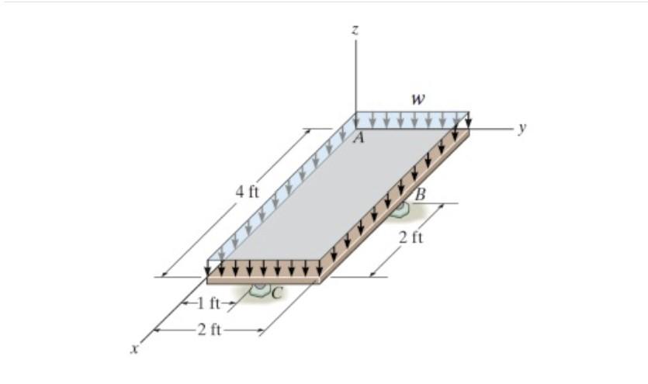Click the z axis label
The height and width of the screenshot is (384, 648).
pyautogui.click(x=355, y=29)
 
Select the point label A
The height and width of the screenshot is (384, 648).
pyautogui.click(x=359, y=140)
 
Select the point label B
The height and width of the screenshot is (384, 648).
pyautogui.click(x=420, y=195)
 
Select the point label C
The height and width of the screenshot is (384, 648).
pyautogui.click(x=276, y=291)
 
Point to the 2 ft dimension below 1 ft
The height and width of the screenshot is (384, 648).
pyautogui.click(x=209, y=331)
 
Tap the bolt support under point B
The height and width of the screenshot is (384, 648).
pyautogui.click(x=400, y=209)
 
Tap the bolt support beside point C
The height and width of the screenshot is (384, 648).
pyautogui.click(x=258, y=292)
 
